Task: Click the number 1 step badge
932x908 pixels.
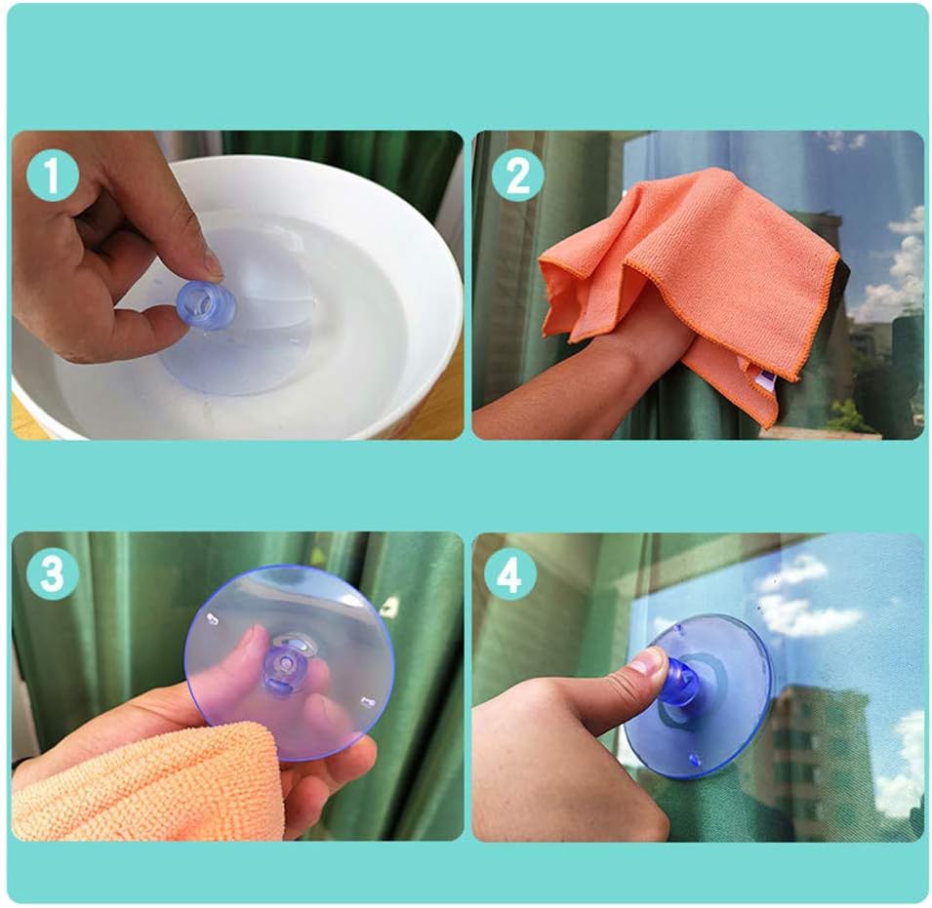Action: pyautogui.click(x=53, y=175)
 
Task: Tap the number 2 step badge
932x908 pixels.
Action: pyautogui.click(x=517, y=175)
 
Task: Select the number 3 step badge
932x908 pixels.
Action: pyautogui.click(x=53, y=572)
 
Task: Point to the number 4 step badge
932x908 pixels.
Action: pyautogui.click(x=509, y=573)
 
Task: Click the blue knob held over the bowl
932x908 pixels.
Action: pyautogui.click(x=207, y=305)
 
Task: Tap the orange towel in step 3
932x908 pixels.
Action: pyautogui.click(x=142, y=784)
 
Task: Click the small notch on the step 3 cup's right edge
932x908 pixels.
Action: pyautogui.click(x=368, y=702)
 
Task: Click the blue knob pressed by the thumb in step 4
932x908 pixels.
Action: pyautogui.click(x=681, y=681)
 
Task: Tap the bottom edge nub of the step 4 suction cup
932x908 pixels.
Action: pyautogui.click(x=694, y=760)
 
